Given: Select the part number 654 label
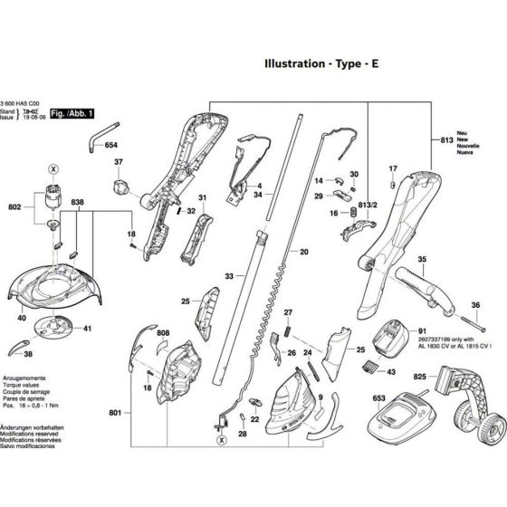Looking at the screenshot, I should pyautogui.click(x=111, y=145).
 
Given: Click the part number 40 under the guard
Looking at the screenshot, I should pyautogui.click(x=21, y=318).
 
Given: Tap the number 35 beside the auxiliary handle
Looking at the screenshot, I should pyautogui.click(x=420, y=259).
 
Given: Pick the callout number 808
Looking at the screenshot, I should pyautogui.click(x=162, y=334).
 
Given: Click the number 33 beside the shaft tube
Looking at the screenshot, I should pyautogui.click(x=230, y=275).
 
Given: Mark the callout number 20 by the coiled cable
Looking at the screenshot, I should pyautogui.click(x=304, y=251).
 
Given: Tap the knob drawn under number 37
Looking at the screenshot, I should pyautogui.click(x=119, y=187).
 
